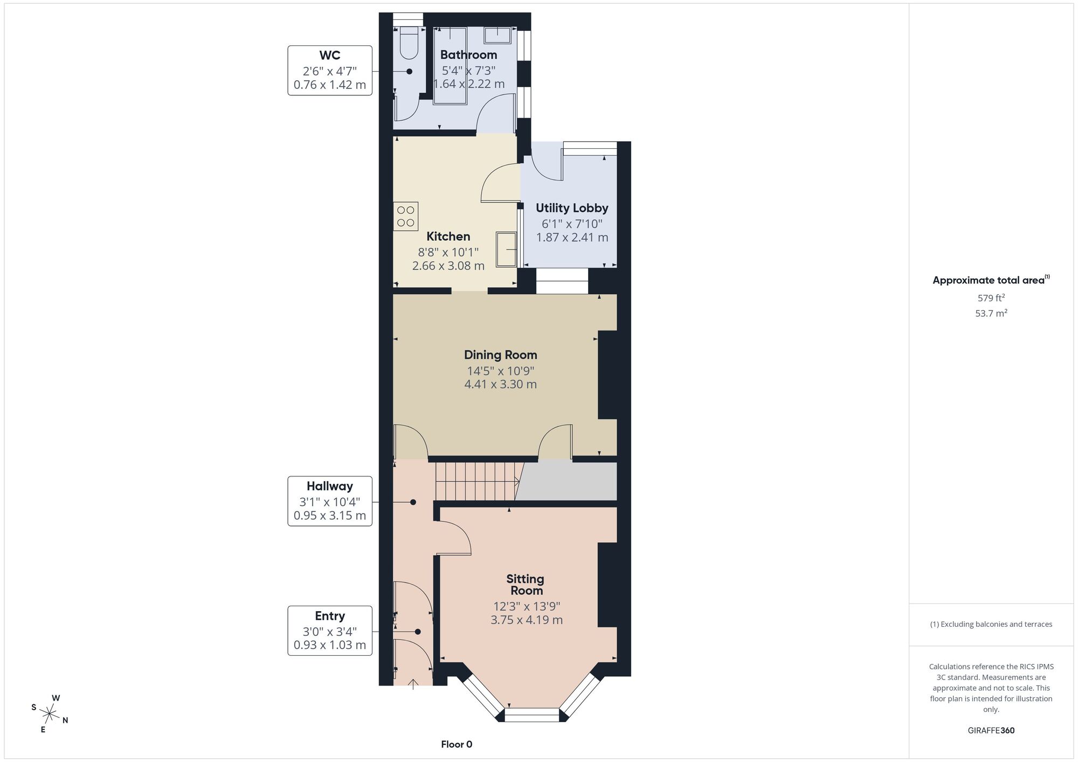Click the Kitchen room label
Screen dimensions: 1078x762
pos(448,236)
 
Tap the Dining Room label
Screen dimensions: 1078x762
pos(500,355)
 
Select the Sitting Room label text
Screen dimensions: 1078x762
pos(526,585)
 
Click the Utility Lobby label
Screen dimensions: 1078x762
pos(572,208)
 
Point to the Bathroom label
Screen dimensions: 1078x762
pos(468,54)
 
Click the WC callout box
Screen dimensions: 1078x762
pos(330,71)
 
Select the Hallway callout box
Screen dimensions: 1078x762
pos(330,501)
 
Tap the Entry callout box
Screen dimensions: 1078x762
pos(330,631)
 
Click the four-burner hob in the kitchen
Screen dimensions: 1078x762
pos(406,216)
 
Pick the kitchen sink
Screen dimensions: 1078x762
pos(506,249)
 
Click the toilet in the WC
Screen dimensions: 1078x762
pos(409,43)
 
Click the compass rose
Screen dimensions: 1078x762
pos(50,715)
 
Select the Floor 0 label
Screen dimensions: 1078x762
pos(457,744)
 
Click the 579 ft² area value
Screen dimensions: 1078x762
pos(991,297)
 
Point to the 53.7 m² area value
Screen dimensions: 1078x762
pos(991,313)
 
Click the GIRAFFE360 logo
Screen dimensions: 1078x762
pos(991,731)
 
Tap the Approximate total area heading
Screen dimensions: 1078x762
pos(991,280)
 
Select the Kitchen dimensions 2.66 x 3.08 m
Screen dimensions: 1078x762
pos(448,266)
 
